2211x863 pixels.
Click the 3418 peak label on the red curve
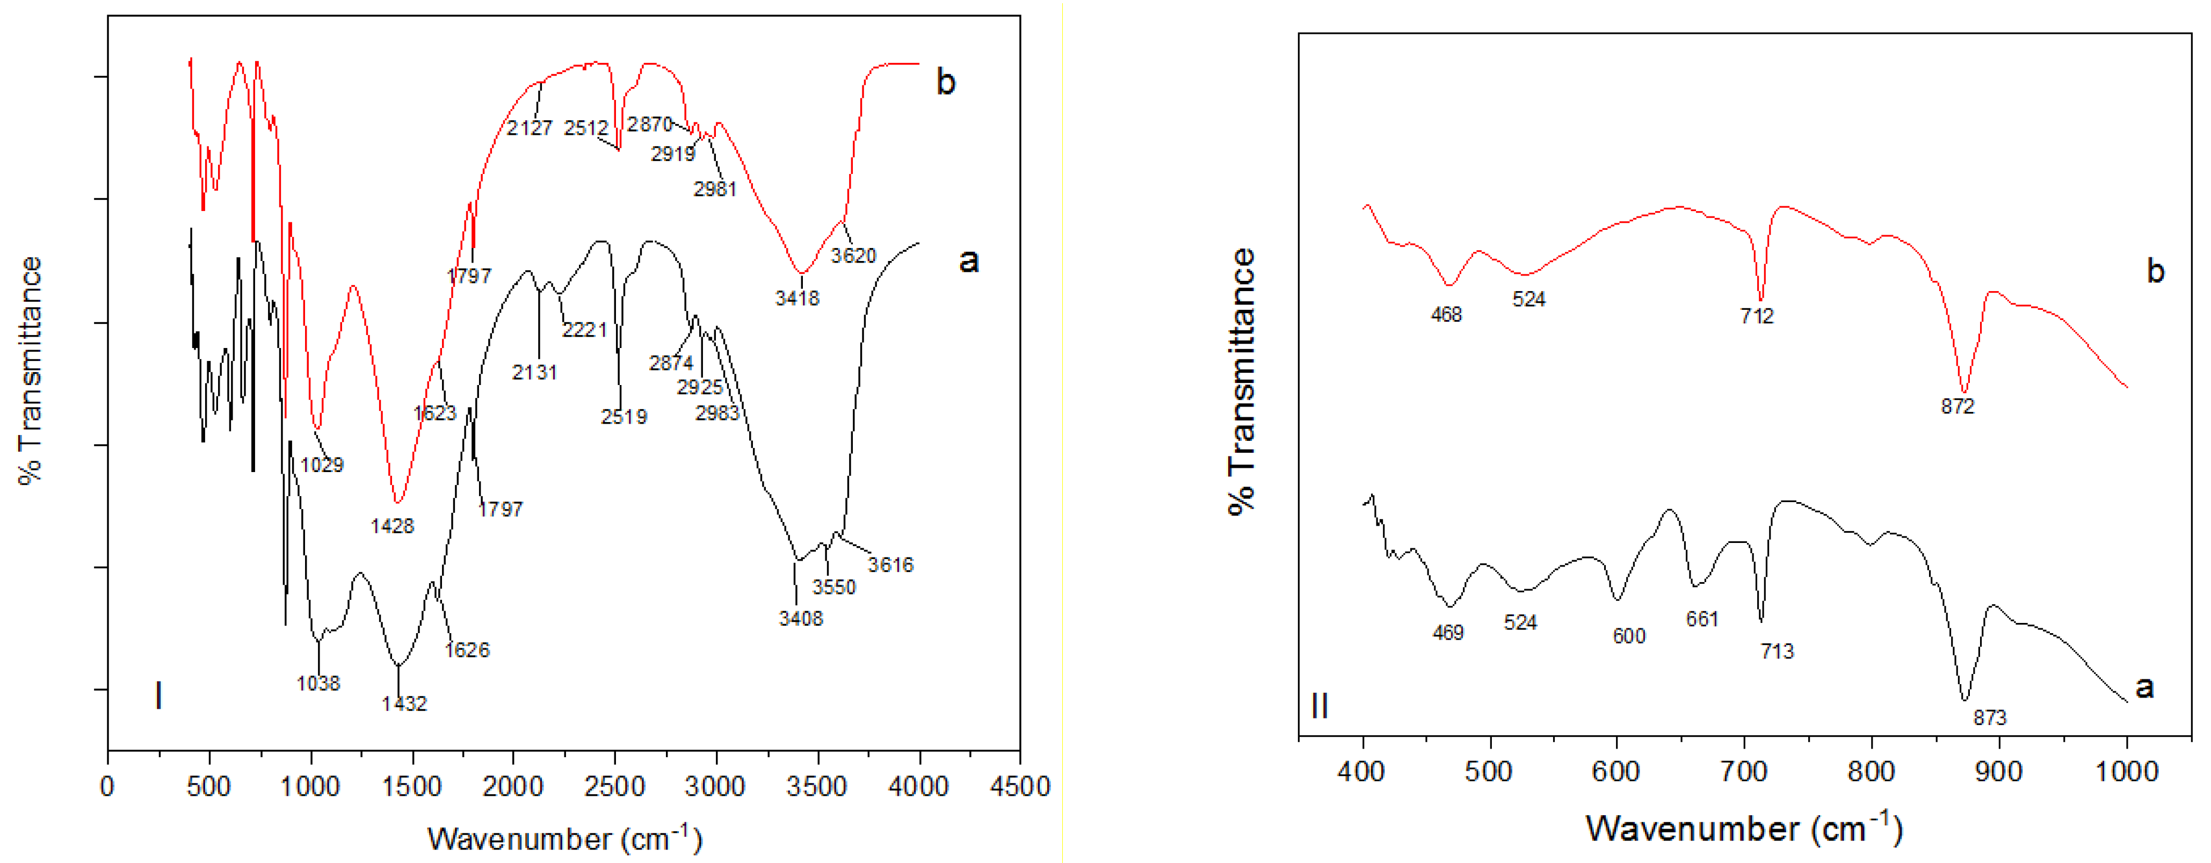point(798,298)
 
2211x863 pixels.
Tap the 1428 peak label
point(392,526)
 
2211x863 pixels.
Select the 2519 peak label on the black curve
point(624,417)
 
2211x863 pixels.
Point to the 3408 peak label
point(801,618)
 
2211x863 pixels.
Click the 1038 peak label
point(318,684)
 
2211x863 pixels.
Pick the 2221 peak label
point(584,330)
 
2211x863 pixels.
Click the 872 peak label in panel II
point(1958,406)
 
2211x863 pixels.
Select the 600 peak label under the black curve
point(1629,636)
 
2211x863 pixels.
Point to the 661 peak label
point(1702,619)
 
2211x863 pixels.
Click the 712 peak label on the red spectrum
point(1757,316)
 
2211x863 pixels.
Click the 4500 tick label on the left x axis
point(1020,787)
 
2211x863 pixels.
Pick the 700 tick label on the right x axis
point(1743,771)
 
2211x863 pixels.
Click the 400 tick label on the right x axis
point(1361,771)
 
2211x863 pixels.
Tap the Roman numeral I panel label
point(158,695)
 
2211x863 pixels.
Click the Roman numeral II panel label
point(1320,707)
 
